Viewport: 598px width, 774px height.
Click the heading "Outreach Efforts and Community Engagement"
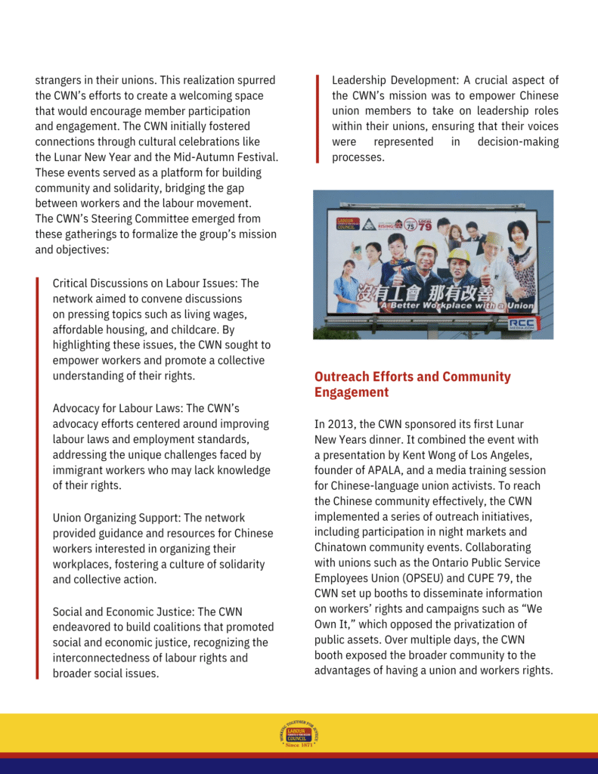pyautogui.click(x=412, y=384)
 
